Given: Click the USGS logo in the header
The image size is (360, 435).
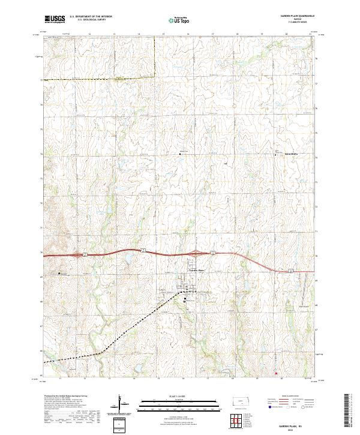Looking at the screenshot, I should tap(55, 19).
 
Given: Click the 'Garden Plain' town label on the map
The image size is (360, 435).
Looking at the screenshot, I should tap(197, 270).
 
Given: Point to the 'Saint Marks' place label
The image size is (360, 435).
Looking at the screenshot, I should tap(291, 155).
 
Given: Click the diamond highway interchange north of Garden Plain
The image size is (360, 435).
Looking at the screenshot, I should tap(197, 254).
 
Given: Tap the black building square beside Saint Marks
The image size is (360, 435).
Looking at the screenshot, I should tap(277, 155).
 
